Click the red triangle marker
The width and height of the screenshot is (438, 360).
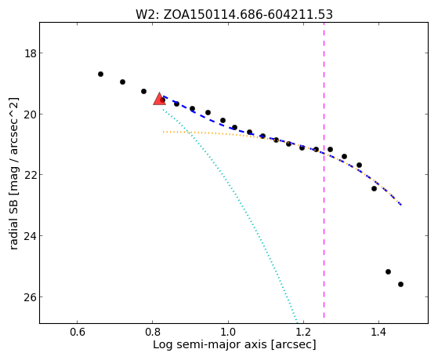point(160,100)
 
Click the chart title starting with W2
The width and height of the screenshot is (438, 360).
point(234,15)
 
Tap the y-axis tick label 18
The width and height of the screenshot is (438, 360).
point(30,53)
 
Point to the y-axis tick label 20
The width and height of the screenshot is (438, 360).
point(30,115)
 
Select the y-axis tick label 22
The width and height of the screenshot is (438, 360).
point(30,175)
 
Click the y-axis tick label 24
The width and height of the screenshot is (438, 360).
point(30,236)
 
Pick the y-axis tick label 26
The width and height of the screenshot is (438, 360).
point(30,296)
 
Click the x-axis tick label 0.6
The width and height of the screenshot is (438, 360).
point(77,332)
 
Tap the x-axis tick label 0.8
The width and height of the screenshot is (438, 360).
point(153,332)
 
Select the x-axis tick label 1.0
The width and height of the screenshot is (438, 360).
point(228,332)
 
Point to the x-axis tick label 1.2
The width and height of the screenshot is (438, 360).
point(303,332)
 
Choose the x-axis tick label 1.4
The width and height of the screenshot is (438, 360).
point(378,332)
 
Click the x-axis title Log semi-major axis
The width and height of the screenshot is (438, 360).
point(234,344)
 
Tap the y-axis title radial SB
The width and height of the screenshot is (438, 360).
point(13,173)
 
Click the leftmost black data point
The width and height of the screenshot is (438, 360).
point(100,75)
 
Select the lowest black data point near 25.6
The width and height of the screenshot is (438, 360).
point(400,284)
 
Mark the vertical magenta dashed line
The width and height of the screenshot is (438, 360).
point(324,170)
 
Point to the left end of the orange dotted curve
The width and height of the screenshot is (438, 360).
point(163,132)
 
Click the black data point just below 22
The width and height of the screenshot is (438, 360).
point(374,188)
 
